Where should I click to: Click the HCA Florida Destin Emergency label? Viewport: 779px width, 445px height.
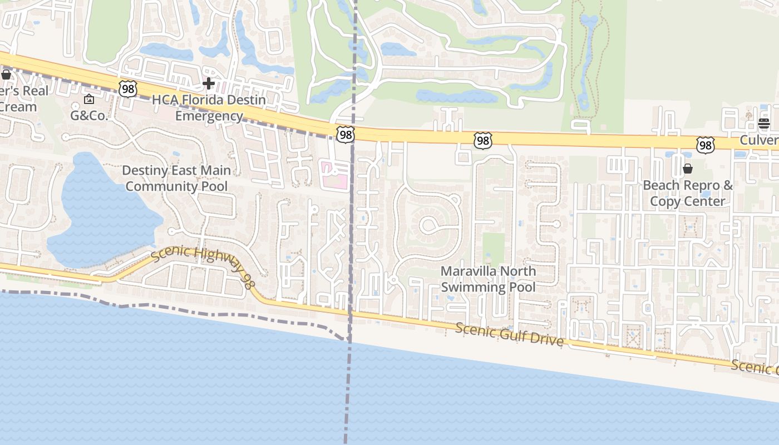tap(209, 108)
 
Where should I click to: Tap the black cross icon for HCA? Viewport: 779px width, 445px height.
tap(209, 83)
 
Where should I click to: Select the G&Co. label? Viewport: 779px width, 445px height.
tap(89, 116)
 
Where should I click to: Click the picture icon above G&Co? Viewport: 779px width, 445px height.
tap(89, 100)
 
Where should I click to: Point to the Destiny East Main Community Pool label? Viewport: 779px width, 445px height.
tap(176, 178)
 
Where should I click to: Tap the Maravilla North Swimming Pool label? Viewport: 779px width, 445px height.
tap(488, 279)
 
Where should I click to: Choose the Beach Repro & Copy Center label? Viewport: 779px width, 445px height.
tap(688, 193)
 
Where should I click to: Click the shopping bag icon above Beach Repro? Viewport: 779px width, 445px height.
tap(688, 169)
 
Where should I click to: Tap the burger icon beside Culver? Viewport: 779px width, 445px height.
tap(764, 123)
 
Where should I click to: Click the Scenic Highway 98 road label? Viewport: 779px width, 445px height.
tap(203, 265)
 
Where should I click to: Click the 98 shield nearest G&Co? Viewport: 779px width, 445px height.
tap(127, 87)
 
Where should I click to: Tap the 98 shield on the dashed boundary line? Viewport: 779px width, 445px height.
tap(345, 134)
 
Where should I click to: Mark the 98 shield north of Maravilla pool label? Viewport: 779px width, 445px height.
tap(482, 141)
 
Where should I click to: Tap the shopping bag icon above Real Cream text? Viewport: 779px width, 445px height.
tap(6, 74)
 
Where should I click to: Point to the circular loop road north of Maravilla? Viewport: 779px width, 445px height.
tap(429, 225)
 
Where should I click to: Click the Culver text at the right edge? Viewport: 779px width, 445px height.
tap(759, 140)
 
